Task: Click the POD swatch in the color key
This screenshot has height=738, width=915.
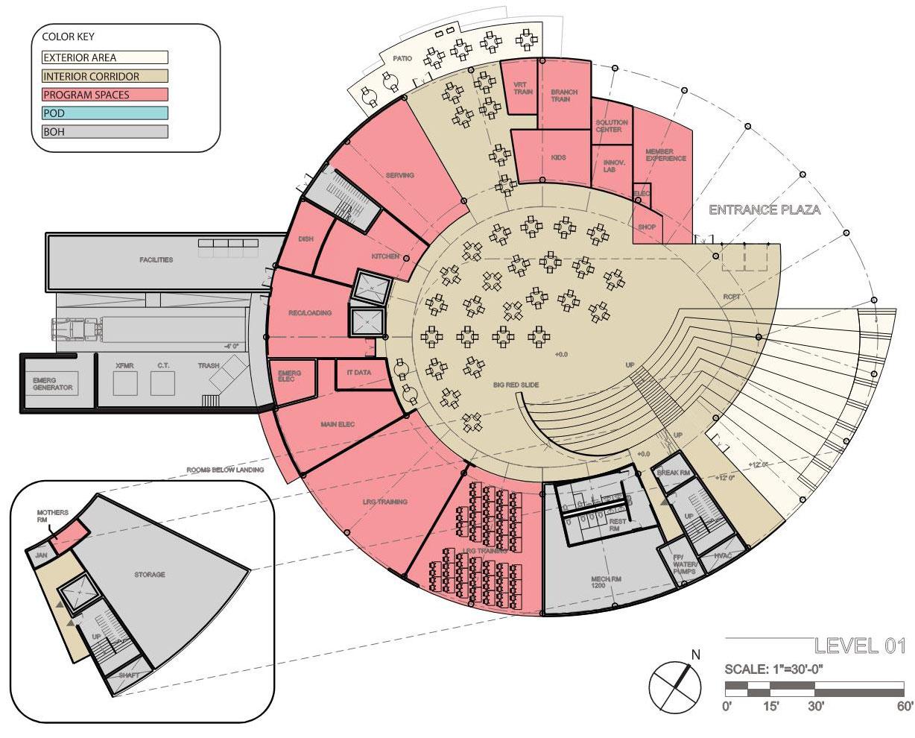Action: click(x=104, y=113)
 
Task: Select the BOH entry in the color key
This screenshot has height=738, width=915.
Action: click(x=104, y=132)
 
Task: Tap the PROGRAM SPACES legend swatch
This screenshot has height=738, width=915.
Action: click(x=104, y=95)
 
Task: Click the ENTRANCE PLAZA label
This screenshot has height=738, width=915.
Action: click(x=764, y=210)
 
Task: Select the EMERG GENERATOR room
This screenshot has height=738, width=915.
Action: click(x=53, y=383)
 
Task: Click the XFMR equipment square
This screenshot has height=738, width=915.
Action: click(x=124, y=383)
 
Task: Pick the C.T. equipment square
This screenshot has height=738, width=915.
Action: click(x=164, y=383)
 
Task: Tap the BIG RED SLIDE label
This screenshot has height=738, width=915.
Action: click(x=516, y=385)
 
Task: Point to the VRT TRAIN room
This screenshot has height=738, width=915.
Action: click(x=520, y=88)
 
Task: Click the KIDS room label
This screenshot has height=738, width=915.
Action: click(x=559, y=158)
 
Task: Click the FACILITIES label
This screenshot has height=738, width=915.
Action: click(x=156, y=260)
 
